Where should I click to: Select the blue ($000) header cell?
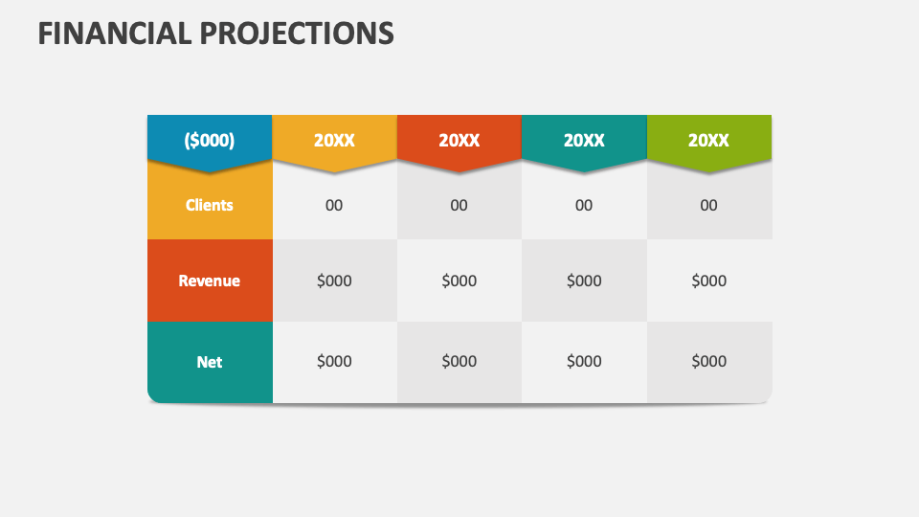pyautogui.click(x=210, y=140)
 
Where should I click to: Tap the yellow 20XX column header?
pyautogui.click(x=334, y=140)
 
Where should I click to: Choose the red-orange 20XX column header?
pyautogui.click(x=459, y=140)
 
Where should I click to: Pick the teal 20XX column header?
pyautogui.click(x=584, y=140)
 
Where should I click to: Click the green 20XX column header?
pyautogui.click(x=708, y=140)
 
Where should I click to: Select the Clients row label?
pyautogui.click(x=210, y=205)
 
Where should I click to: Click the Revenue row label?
pyautogui.click(x=210, y=281)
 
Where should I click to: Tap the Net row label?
pyautogui.click(x=210, y=362)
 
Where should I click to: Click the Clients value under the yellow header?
pyautogui.click(x=334, y=205)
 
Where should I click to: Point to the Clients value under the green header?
pyautogui.click(x=708, y=205)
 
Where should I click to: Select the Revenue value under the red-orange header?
pyautogui.click(x=459, y=281)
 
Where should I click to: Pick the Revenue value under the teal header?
pyautogui.click(x=584, y=281)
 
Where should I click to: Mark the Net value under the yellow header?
pyautogui.click(x=334, y=361)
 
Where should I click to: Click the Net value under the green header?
pyautogui.click(x=708, y=361)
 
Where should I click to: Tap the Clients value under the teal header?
pyautogui.click(x=584, y=205)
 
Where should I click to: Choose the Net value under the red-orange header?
pyautogui.click(x=459, y=361)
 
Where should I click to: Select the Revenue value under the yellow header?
pyautogui.click(x=334, y=281)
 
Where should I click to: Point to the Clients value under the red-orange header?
pyautogui.click(x=459, y=205)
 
